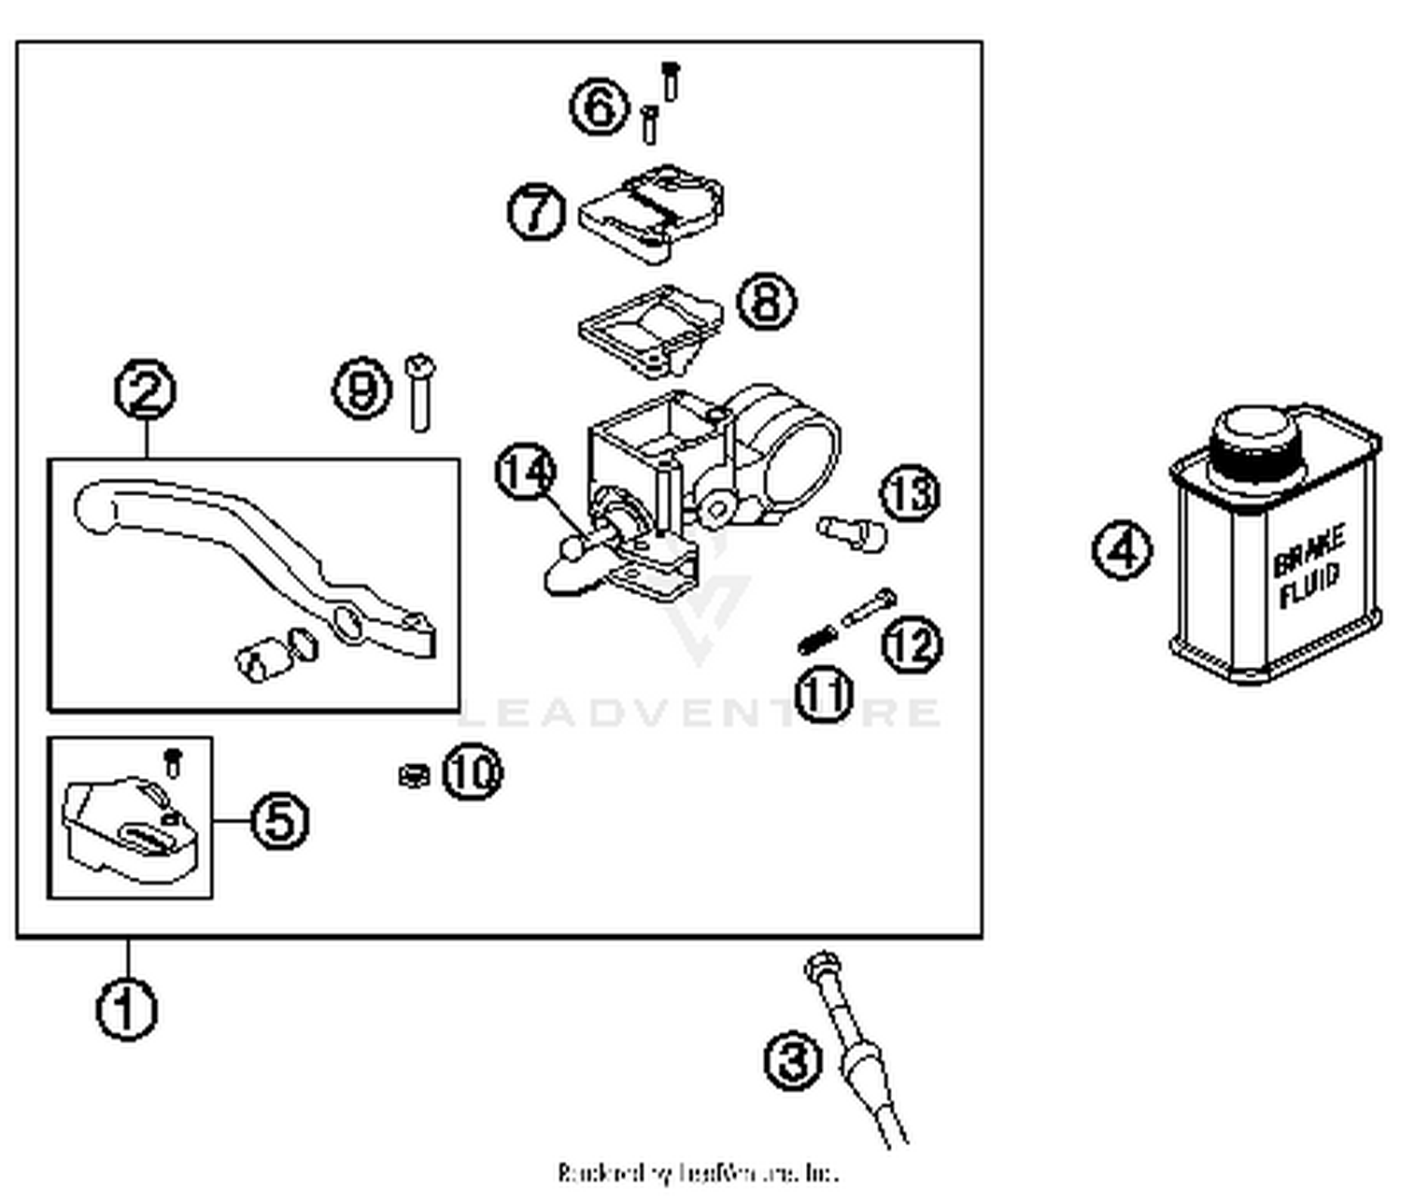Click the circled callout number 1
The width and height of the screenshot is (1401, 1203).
(x=127, y=1009)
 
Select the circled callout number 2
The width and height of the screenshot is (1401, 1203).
(x=146, y=391)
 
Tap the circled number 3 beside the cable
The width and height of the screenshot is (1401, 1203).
(x=794, y=1061)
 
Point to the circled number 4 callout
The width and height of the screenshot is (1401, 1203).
(x=1122, y=550)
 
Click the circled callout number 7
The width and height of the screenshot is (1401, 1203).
(x=536, y=211)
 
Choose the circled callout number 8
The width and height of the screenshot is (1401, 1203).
(x=767, y=302)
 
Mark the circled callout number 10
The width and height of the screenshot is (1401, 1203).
(x=472, y=772)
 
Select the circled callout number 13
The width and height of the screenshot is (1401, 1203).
(x=910, y=492)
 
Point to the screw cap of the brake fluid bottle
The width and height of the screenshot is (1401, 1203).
(x=1253, y=438)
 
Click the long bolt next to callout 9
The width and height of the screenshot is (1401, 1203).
(x=420, y=393)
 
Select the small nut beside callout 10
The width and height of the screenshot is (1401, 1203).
(x=412, y=774)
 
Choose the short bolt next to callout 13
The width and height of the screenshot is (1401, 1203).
(x=852, y=532)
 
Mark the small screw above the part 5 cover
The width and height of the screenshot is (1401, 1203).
(x=172, y=761)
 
